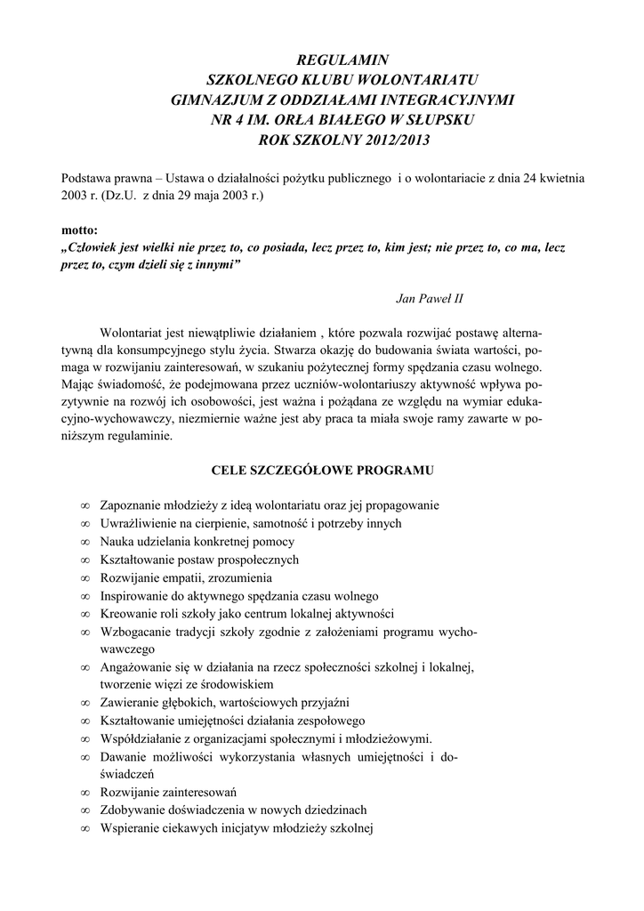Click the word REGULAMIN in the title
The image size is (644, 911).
point(321,61)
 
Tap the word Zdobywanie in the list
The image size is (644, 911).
point(130,810)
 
